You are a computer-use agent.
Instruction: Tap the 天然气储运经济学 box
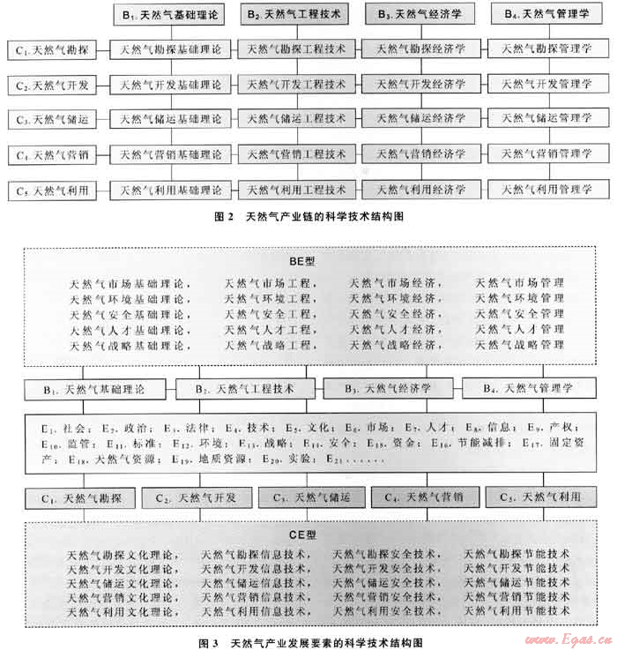pyautogui.click(x=420, y=119)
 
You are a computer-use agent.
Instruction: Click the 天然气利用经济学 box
pyautogui.click(x=420, y=190)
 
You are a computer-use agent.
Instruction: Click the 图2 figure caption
pyautogui.click(x=308, y=217)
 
